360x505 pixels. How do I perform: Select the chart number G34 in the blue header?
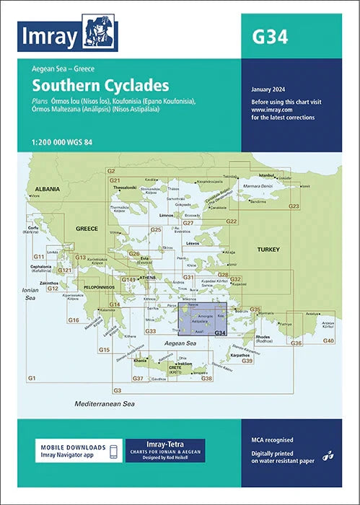tap(272, 37)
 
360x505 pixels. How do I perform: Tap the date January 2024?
tap(271, 89)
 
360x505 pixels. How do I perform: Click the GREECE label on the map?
tap(87, 229)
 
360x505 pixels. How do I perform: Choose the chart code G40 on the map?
tap(328, 340)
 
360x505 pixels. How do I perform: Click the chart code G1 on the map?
tap(32, 379)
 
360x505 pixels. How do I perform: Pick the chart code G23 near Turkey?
tap(294, 206)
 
